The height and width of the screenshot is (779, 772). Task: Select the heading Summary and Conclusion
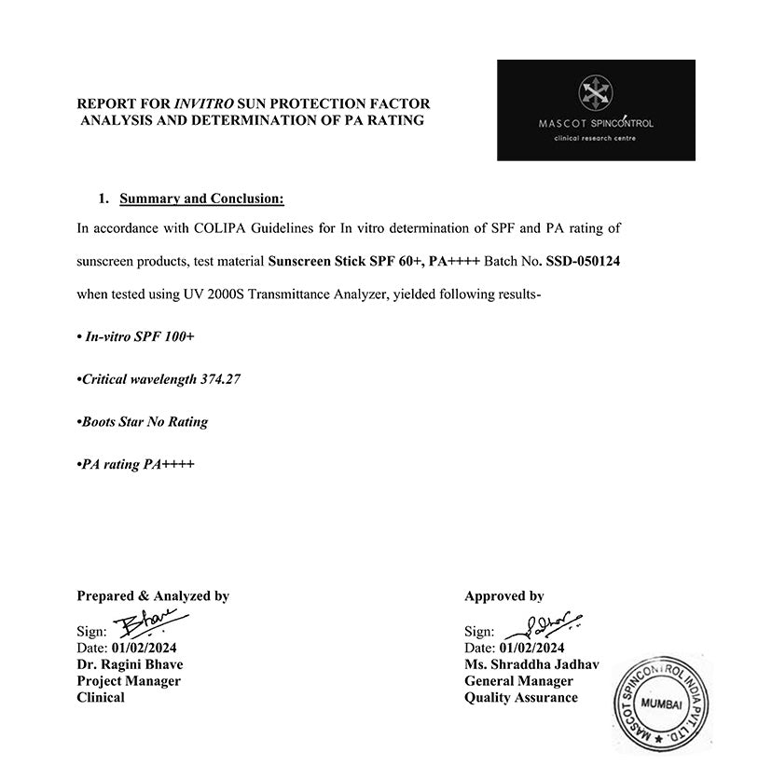pyautogui.click(x=201, y=198)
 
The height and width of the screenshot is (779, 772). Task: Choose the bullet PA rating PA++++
pyautogui.click(x=136, y=463)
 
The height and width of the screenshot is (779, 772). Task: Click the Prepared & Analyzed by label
pyautogui.click(x=153, y=596)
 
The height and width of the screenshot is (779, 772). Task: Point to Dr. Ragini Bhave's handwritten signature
pyautogui.click(x=149, y=624)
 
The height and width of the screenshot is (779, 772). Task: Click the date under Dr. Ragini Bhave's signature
pyautogui.click(x=144, y=648)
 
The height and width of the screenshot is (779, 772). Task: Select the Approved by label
pyautogui.click(x=504, y=596)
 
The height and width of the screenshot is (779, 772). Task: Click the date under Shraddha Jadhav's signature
pyautogui.click(x=532, y=648)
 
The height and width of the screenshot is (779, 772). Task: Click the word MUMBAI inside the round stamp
pyautogui.click(x=669, y=704)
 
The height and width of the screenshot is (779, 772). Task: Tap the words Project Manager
pyautogui.click(x=129, y=681)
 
